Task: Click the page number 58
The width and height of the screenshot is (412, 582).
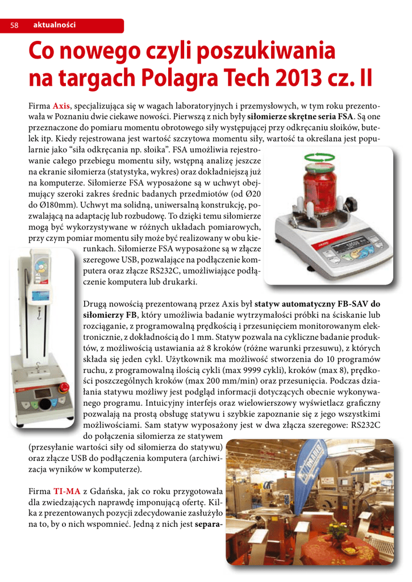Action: tap(14, 26)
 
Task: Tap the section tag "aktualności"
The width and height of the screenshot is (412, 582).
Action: tap(55, 25)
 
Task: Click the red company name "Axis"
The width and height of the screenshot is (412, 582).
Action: tap(61, 106)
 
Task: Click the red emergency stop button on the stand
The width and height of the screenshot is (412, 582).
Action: tap(65, 388)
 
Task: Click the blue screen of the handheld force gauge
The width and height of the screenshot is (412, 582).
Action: tap(39, 296)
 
